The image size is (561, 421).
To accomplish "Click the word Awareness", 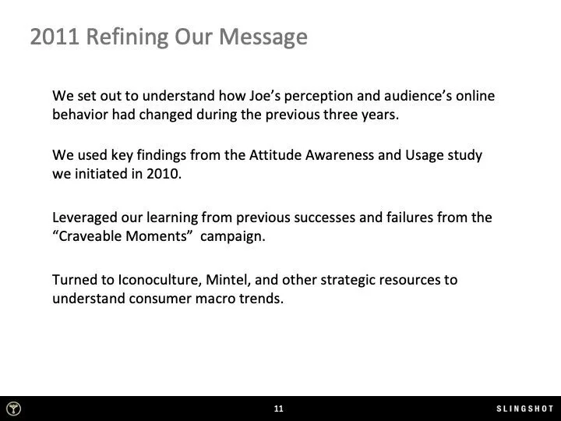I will point(347,155).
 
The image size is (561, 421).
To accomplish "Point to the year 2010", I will point(161,172).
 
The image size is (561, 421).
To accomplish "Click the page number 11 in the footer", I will point(278,409).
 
